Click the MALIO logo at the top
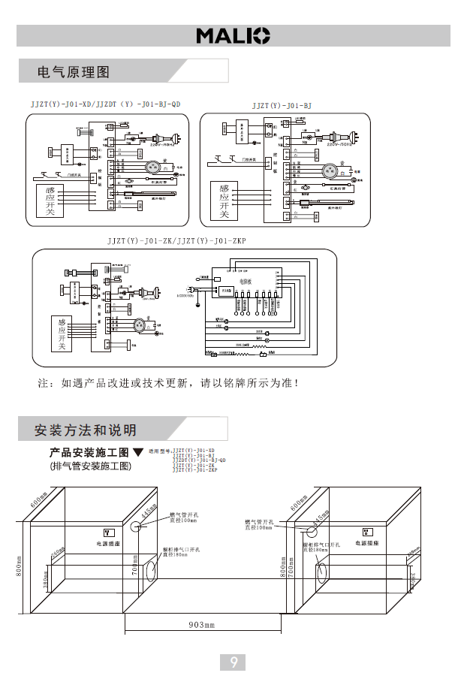pos(233,35)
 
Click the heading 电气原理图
pos(74,72)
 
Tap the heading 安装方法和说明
pos(86,430)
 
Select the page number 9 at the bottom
pos(234,662)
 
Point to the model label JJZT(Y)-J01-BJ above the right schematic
pos(282,106)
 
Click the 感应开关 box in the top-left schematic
pos(51,200)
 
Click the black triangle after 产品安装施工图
pos(137,452)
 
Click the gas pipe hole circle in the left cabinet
pos(140,525)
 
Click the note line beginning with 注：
pos(170,384)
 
